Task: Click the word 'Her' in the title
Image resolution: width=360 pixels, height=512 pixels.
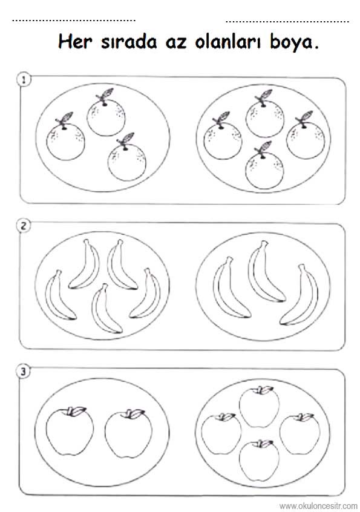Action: [75, 42]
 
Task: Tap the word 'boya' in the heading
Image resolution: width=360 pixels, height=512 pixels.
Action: [290, 43]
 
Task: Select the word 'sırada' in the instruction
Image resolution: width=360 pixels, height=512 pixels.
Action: [129, 42]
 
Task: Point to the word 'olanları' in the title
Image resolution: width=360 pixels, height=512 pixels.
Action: [228, 42]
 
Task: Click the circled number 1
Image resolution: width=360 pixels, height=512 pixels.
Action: [24, 80]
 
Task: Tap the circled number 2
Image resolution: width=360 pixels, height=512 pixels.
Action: [24, 226]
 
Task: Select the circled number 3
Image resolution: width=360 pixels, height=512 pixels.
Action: [23, 371]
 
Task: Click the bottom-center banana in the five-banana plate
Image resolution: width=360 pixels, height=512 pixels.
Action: [105, 309]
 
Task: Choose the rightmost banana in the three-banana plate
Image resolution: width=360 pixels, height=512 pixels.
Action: [301, 295]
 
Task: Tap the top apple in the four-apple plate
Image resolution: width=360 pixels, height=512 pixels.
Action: [260, 407]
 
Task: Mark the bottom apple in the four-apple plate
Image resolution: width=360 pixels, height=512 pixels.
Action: [259, 461]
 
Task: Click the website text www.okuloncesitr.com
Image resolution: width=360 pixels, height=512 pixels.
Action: [318, 506]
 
